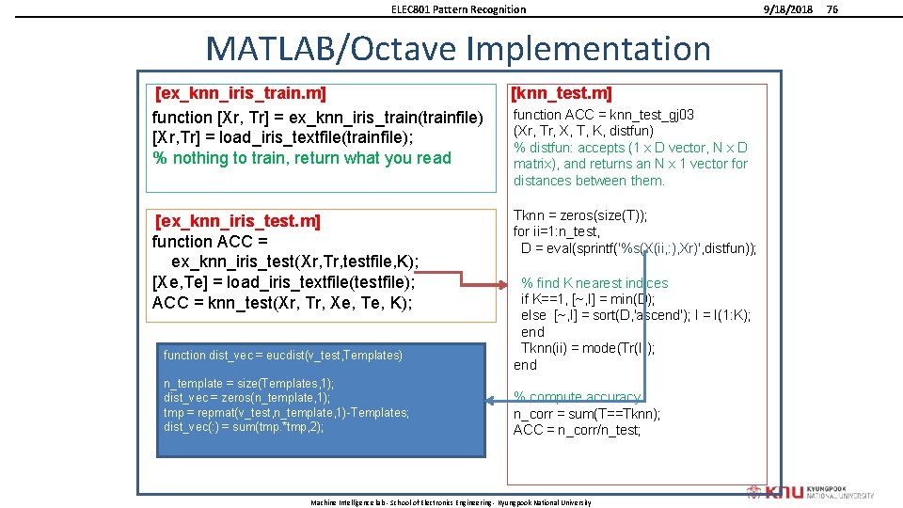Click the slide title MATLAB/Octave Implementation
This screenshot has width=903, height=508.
458,48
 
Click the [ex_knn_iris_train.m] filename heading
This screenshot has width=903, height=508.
240,93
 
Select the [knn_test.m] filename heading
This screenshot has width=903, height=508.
561,93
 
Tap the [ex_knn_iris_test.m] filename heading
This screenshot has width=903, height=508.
237,221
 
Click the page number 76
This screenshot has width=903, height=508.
832,9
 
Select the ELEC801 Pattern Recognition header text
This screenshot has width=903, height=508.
458,9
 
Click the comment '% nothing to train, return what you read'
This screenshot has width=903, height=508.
302,158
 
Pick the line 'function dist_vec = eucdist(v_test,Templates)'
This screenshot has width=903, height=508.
282,355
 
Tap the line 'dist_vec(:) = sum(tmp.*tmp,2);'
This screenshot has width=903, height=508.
244,427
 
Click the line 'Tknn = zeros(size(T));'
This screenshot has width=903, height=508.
579,215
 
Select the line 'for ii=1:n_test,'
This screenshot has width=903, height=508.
557,231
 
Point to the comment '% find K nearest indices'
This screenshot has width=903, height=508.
594,283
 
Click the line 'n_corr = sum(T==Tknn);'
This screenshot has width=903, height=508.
587,414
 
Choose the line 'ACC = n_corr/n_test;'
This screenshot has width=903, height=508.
577,430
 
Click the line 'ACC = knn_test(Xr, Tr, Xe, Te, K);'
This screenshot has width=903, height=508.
282,303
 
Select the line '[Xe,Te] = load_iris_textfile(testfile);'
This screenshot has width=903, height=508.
283,282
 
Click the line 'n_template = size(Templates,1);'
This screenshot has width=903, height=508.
248,384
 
